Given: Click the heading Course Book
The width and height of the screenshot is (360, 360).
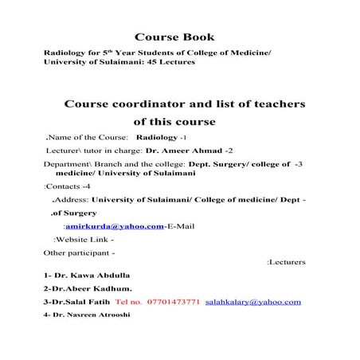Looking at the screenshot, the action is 175,37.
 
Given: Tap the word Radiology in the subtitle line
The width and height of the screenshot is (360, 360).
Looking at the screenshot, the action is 69,52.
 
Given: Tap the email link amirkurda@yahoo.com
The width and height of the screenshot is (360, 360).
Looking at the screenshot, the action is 115,226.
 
